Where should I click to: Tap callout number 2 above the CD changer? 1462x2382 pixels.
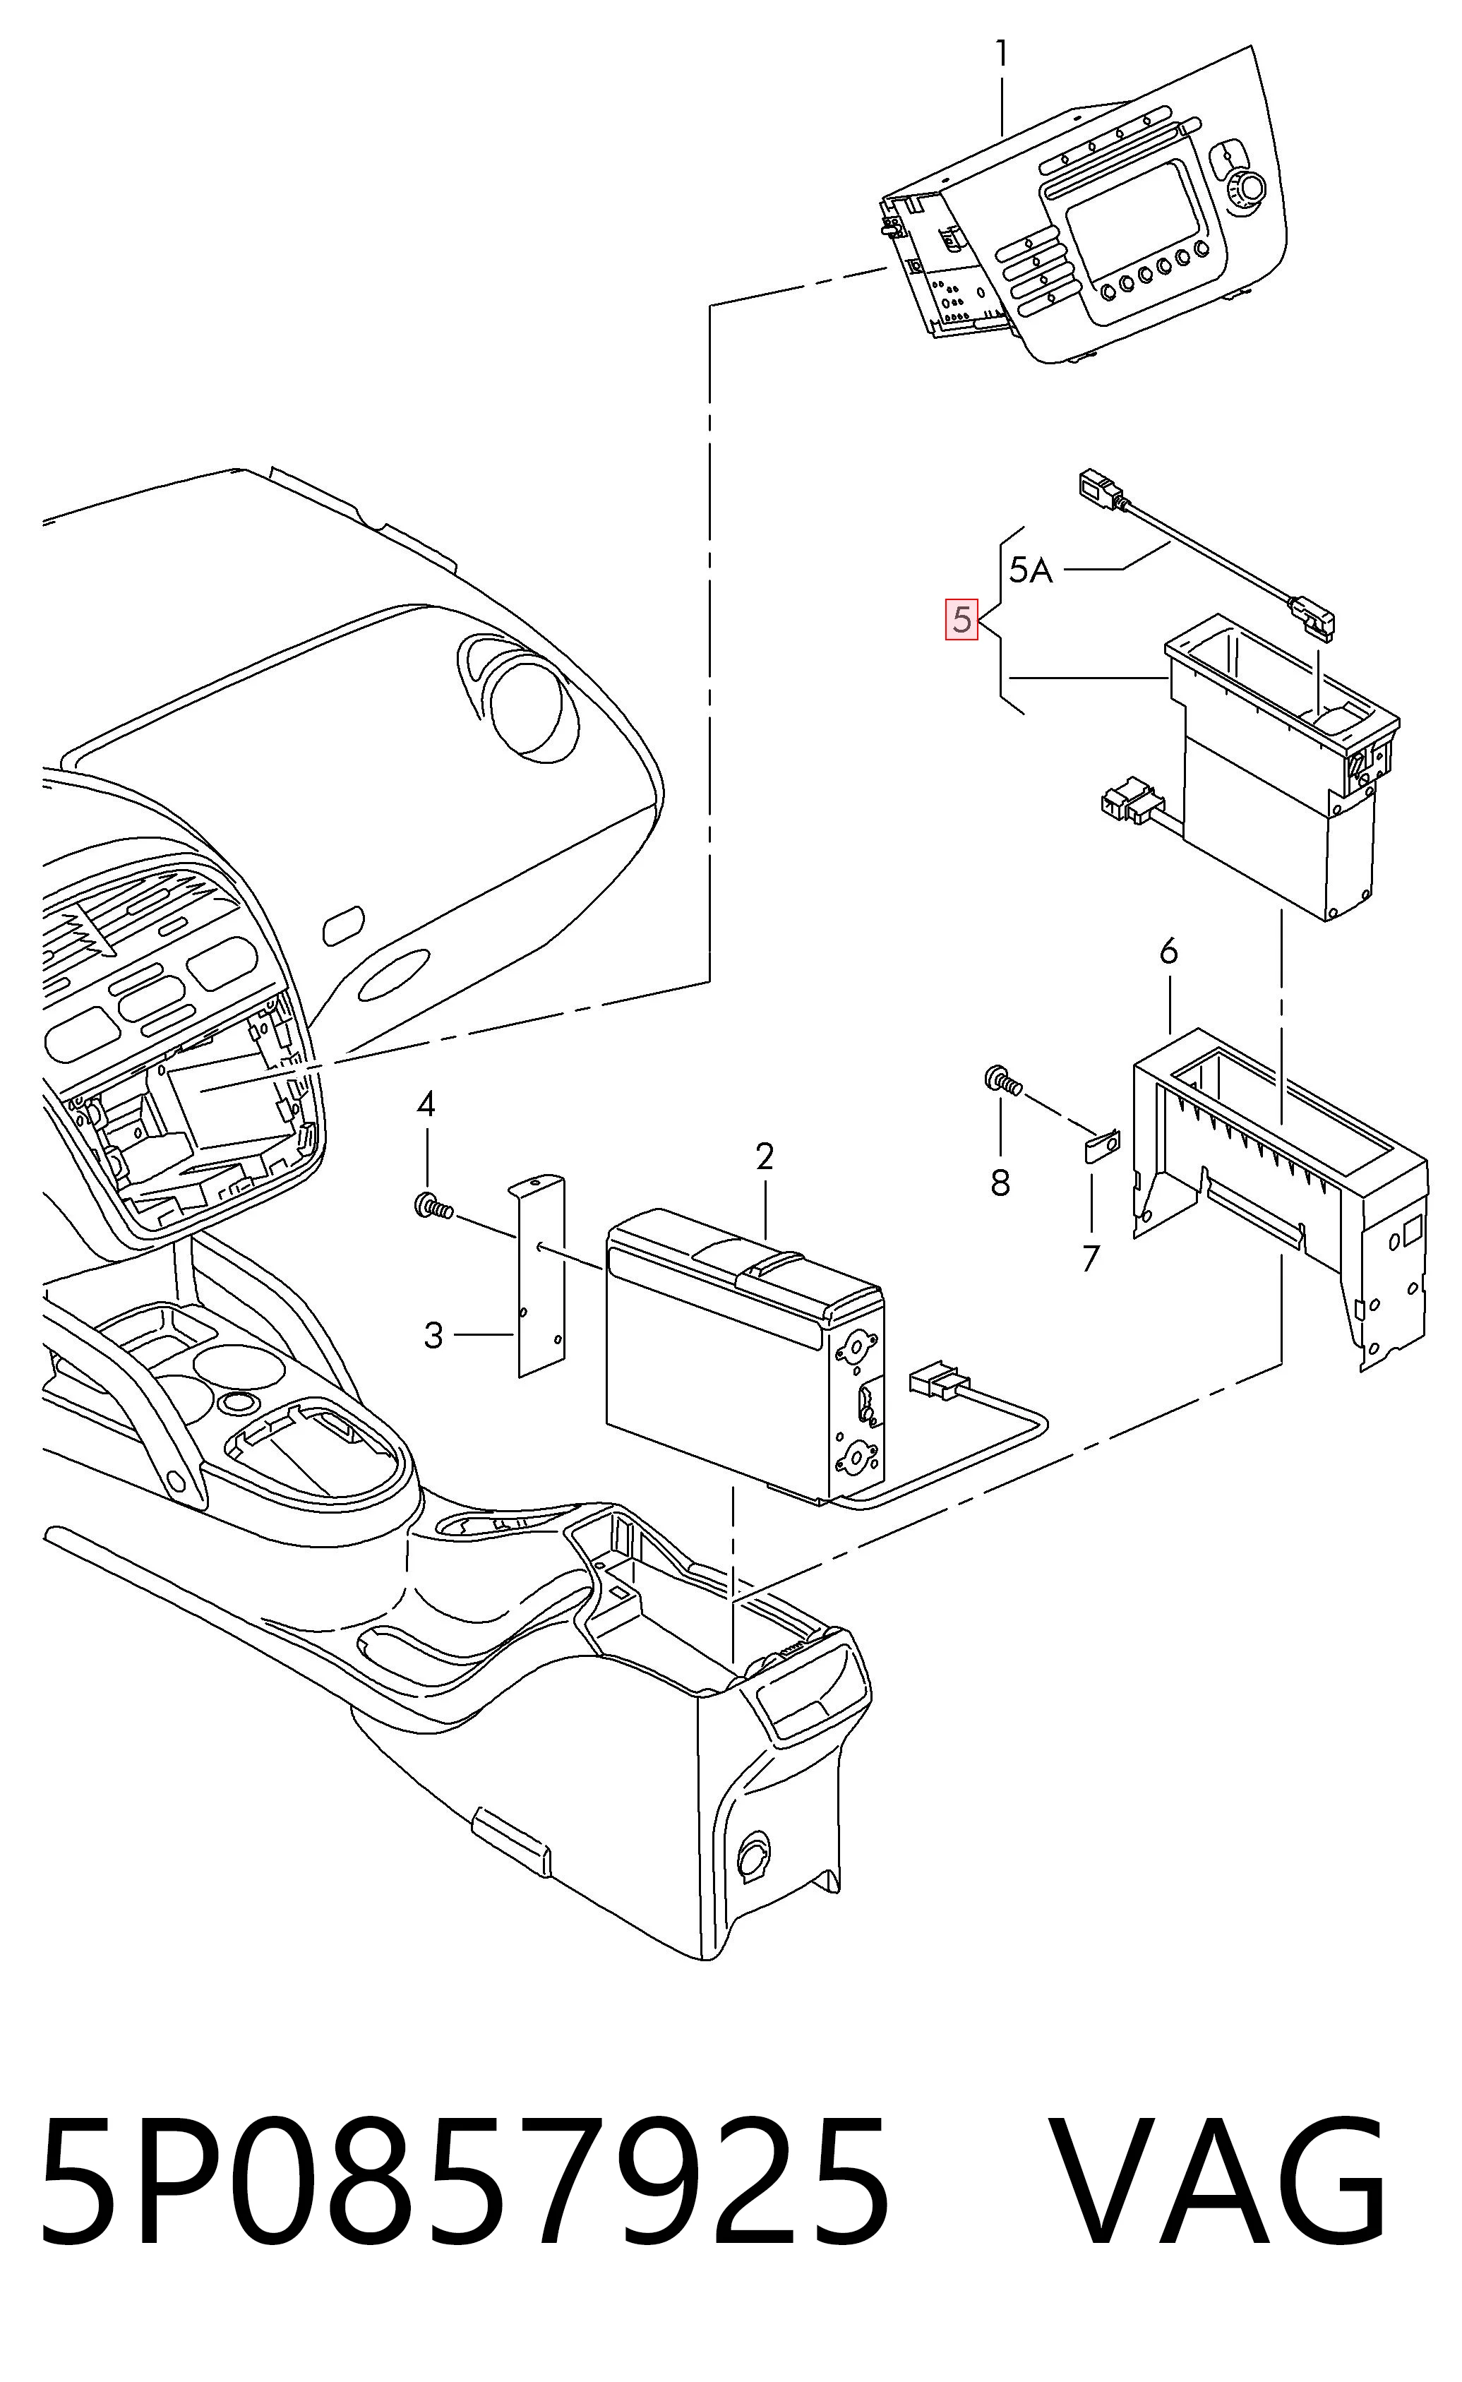pos(765,1156)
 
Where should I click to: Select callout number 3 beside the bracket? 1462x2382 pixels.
pos(433,1335)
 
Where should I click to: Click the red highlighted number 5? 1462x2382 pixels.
pos(961,620)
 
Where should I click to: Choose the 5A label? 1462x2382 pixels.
pos(1031,570)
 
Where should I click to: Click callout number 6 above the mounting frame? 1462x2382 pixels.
pos(1169,952)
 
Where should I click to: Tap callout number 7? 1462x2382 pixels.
pos(1091,1259)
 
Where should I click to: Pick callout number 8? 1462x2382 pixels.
pos(1000,1181)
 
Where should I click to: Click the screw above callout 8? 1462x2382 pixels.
pos(1002,1080)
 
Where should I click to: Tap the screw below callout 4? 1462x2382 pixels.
pos(434,1206)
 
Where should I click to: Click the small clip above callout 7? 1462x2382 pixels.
pos(1101,1147)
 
